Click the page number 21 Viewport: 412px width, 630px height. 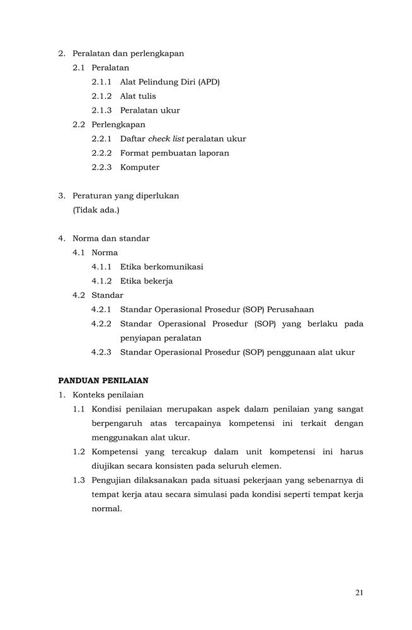coord(359,592)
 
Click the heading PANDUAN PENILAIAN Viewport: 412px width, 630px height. coord(103,381)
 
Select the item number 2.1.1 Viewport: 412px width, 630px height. coord(101,82)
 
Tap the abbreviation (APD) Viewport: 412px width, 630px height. coord(209,82)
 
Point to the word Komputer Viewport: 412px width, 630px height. coord(139,167)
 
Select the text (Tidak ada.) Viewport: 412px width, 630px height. coord(96,210)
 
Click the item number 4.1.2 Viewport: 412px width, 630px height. coord(101,281)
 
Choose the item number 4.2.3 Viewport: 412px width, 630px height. coord(101,352)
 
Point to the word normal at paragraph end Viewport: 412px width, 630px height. coord(106,508)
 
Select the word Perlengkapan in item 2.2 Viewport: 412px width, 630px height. coord(118,124)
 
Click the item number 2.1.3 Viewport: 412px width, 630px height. coord(101,110)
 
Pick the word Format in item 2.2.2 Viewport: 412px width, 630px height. coord(134,153)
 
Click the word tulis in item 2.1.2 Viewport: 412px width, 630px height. coord(146,96)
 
